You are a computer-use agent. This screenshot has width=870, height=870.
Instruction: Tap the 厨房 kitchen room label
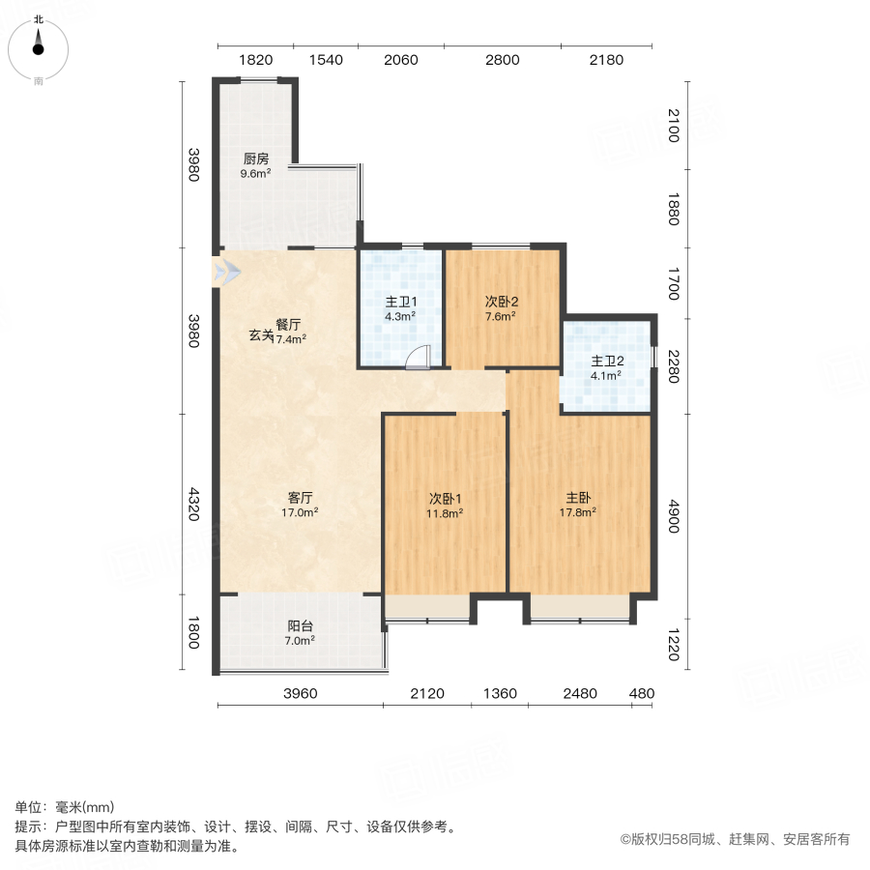tap(255, 159)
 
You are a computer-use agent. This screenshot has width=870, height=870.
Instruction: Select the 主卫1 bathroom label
tap(400, 301)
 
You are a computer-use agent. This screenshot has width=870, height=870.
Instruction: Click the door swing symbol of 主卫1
tap(418, 359)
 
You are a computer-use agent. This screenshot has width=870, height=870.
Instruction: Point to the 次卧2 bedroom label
tap(500, 301)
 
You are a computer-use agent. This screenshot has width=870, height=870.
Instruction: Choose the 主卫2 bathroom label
tap(606, 362)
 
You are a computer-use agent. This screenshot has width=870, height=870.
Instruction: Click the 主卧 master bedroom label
tap(580, 498)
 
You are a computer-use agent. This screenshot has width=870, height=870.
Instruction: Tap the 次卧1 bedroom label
tap(446, 499)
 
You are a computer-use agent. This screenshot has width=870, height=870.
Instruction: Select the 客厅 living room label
tap(300, 498)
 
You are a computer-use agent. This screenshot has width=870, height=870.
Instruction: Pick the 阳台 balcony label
tap(300, 625)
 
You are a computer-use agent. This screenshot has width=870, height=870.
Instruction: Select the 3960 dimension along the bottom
tap(301, 693)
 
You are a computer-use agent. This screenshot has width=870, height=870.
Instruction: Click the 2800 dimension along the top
tap(502, 59)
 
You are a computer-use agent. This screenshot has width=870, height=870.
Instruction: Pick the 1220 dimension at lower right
tap(674, 645)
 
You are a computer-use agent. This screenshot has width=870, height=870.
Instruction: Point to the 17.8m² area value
tap(580, 512)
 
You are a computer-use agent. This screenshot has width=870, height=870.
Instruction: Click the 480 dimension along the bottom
tap(642, 693)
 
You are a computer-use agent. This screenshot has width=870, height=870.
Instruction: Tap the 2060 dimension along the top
tap(400, 59)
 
